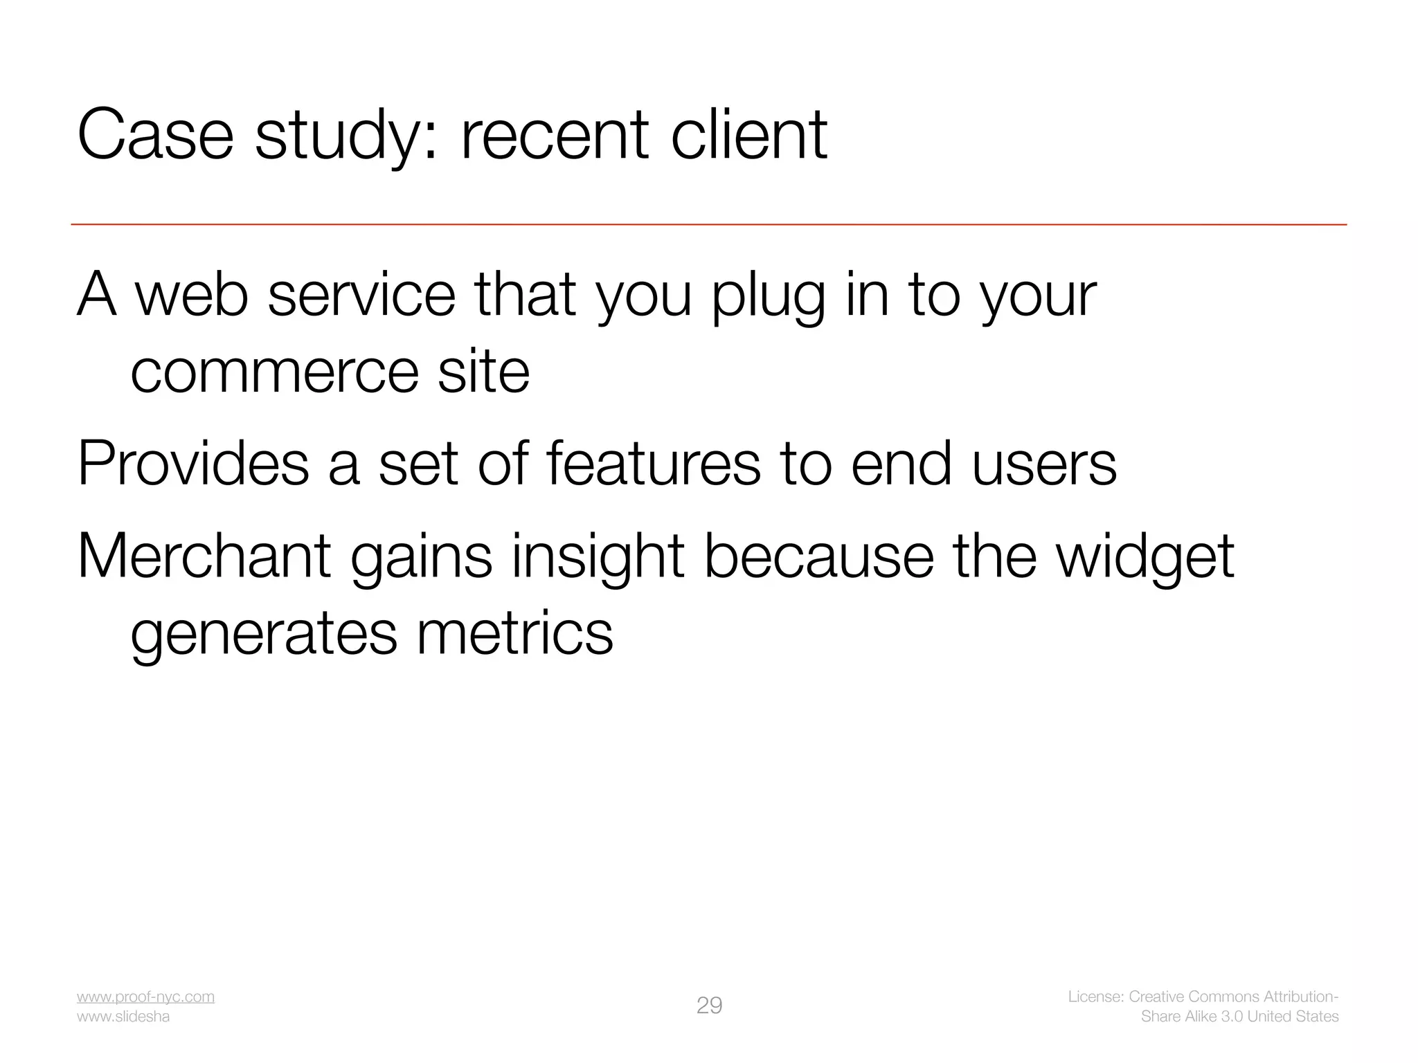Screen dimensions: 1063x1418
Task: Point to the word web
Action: tap(192, 296)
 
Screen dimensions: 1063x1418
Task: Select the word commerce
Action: tap(274, 372)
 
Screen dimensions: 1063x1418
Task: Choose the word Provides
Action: tap(193, 464)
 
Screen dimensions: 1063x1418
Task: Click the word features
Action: tap(654, 464)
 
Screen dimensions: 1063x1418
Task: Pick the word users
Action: tap(1044, 464)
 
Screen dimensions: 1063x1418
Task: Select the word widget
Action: tap(1145, 557)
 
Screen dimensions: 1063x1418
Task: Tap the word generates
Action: tap(264, 635)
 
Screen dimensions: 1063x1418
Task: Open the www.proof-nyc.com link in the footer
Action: tap(145, 997)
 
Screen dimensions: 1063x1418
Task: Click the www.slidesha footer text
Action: tap(123, 1017)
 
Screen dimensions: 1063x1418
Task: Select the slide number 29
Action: tap(709, 1006)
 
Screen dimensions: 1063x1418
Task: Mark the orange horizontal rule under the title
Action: tap(709, 224)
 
